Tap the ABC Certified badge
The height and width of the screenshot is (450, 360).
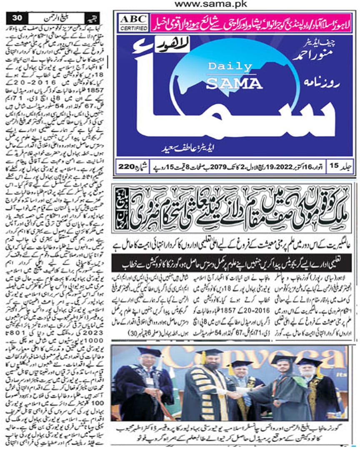click(x=133, y=22)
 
